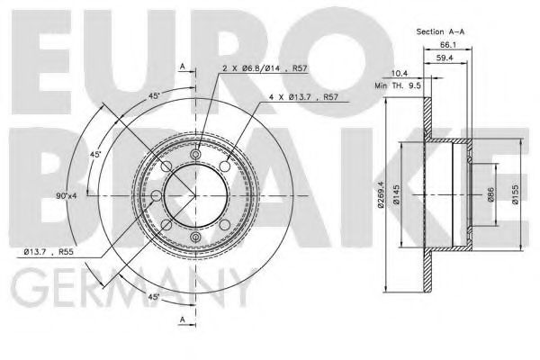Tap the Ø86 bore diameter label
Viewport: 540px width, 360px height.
(491, 195)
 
